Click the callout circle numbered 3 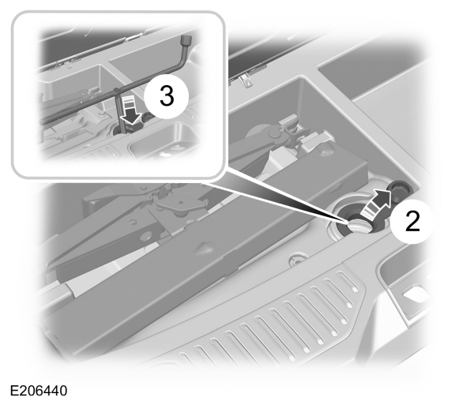point(166,96)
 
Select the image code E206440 point(40,391)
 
